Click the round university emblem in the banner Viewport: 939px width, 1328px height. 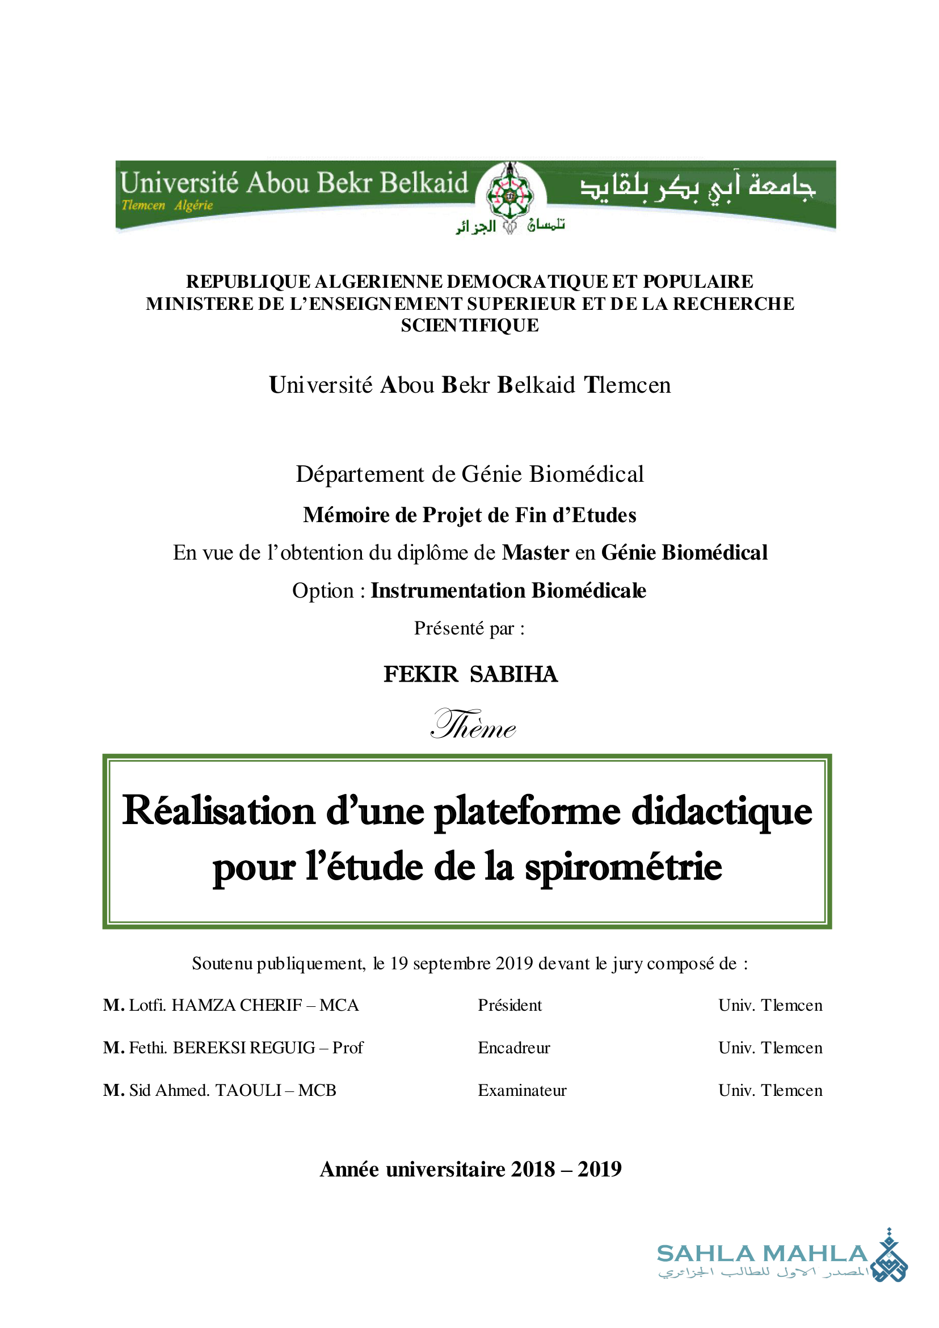(509, 195)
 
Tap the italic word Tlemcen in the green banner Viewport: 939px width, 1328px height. (143, 205)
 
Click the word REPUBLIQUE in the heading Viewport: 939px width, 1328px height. (248, 281)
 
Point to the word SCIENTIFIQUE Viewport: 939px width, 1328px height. (470, 326)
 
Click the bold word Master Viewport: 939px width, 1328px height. (536, 552)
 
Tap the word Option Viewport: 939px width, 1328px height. (323, 591)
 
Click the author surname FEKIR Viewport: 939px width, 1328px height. (420, 674)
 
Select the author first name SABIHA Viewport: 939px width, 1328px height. (513, 674)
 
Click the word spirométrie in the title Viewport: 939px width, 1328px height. (624, 868)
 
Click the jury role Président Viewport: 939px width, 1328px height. (509, 1005)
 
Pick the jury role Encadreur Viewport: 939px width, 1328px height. (513, 1048)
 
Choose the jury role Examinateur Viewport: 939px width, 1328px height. (521, 1090)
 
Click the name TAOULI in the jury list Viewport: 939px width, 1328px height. (248, 1090)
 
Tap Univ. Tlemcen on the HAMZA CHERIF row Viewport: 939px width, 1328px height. (770, 1005)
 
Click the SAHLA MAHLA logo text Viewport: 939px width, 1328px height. (762, 1254)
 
